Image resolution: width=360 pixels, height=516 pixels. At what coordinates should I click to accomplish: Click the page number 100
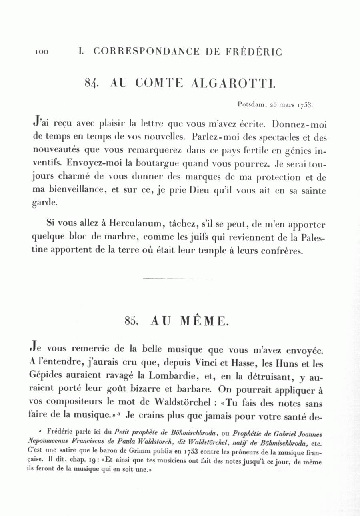click(x=41, y=52)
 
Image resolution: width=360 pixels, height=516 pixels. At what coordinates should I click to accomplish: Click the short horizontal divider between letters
click(x=177, y=279)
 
